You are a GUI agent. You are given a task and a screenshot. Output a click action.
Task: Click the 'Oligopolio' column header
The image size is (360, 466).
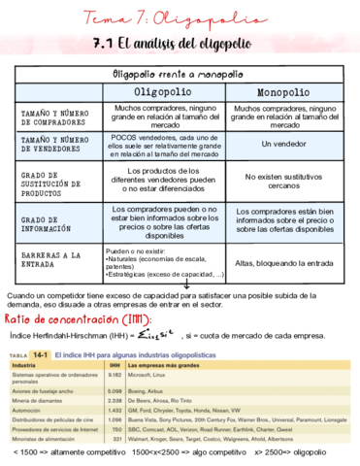(161, 90)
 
